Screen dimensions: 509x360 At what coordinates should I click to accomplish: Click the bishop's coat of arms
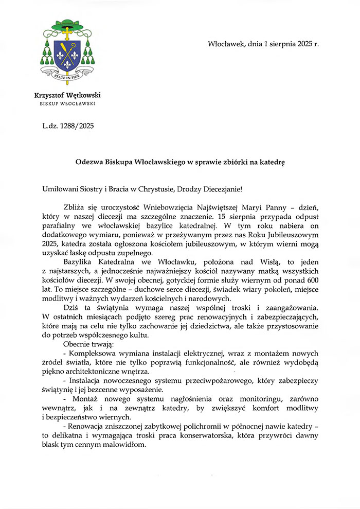click(x=66, y=51)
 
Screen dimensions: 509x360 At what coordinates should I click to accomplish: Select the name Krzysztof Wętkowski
click(x=67, y=95)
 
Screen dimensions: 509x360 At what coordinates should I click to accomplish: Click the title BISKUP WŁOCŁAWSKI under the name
click(x=67, y=103)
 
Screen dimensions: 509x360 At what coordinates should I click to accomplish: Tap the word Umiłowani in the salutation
click(x=60, y=189)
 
